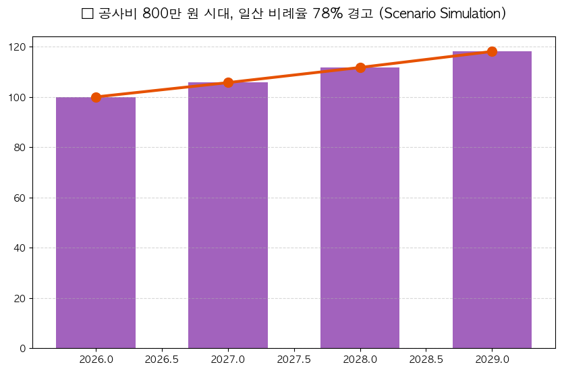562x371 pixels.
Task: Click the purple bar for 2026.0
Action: tap(96, 223)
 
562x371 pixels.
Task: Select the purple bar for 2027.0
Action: tap(228, 216)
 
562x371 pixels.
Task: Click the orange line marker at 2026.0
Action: tap(96, 97)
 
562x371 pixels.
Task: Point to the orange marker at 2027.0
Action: tap(228, 82)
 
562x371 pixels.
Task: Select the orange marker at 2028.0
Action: tap(360, 67)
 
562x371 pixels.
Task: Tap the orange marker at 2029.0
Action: tap(492, 52)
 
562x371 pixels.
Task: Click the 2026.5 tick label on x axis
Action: tap(162, 360)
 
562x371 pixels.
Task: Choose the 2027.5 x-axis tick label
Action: tap(294, 360)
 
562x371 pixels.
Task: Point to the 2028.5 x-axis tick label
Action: tap(426, 360)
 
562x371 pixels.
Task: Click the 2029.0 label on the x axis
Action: tap(492, 360)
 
